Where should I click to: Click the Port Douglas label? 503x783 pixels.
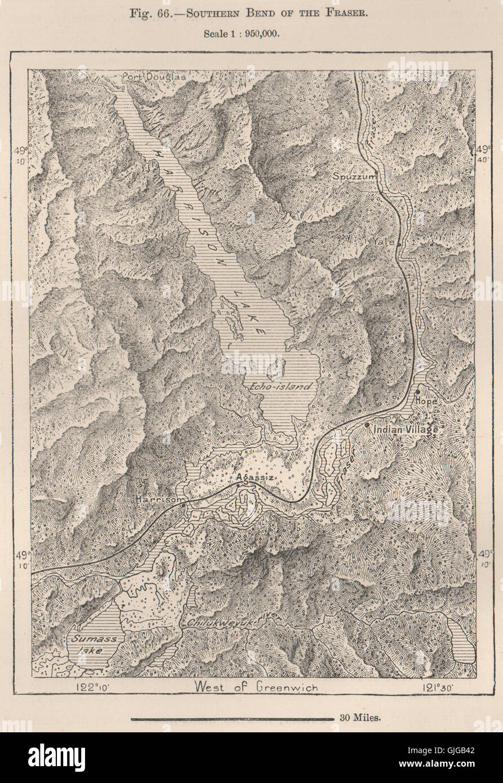(x=148, y=76)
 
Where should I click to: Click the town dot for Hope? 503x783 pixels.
(x=417, y=391)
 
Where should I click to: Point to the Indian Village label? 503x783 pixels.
(x=405, y=429)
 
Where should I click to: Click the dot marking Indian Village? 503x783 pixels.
(x=367, y=425)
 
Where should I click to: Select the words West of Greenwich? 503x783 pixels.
(x=256, y=687)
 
